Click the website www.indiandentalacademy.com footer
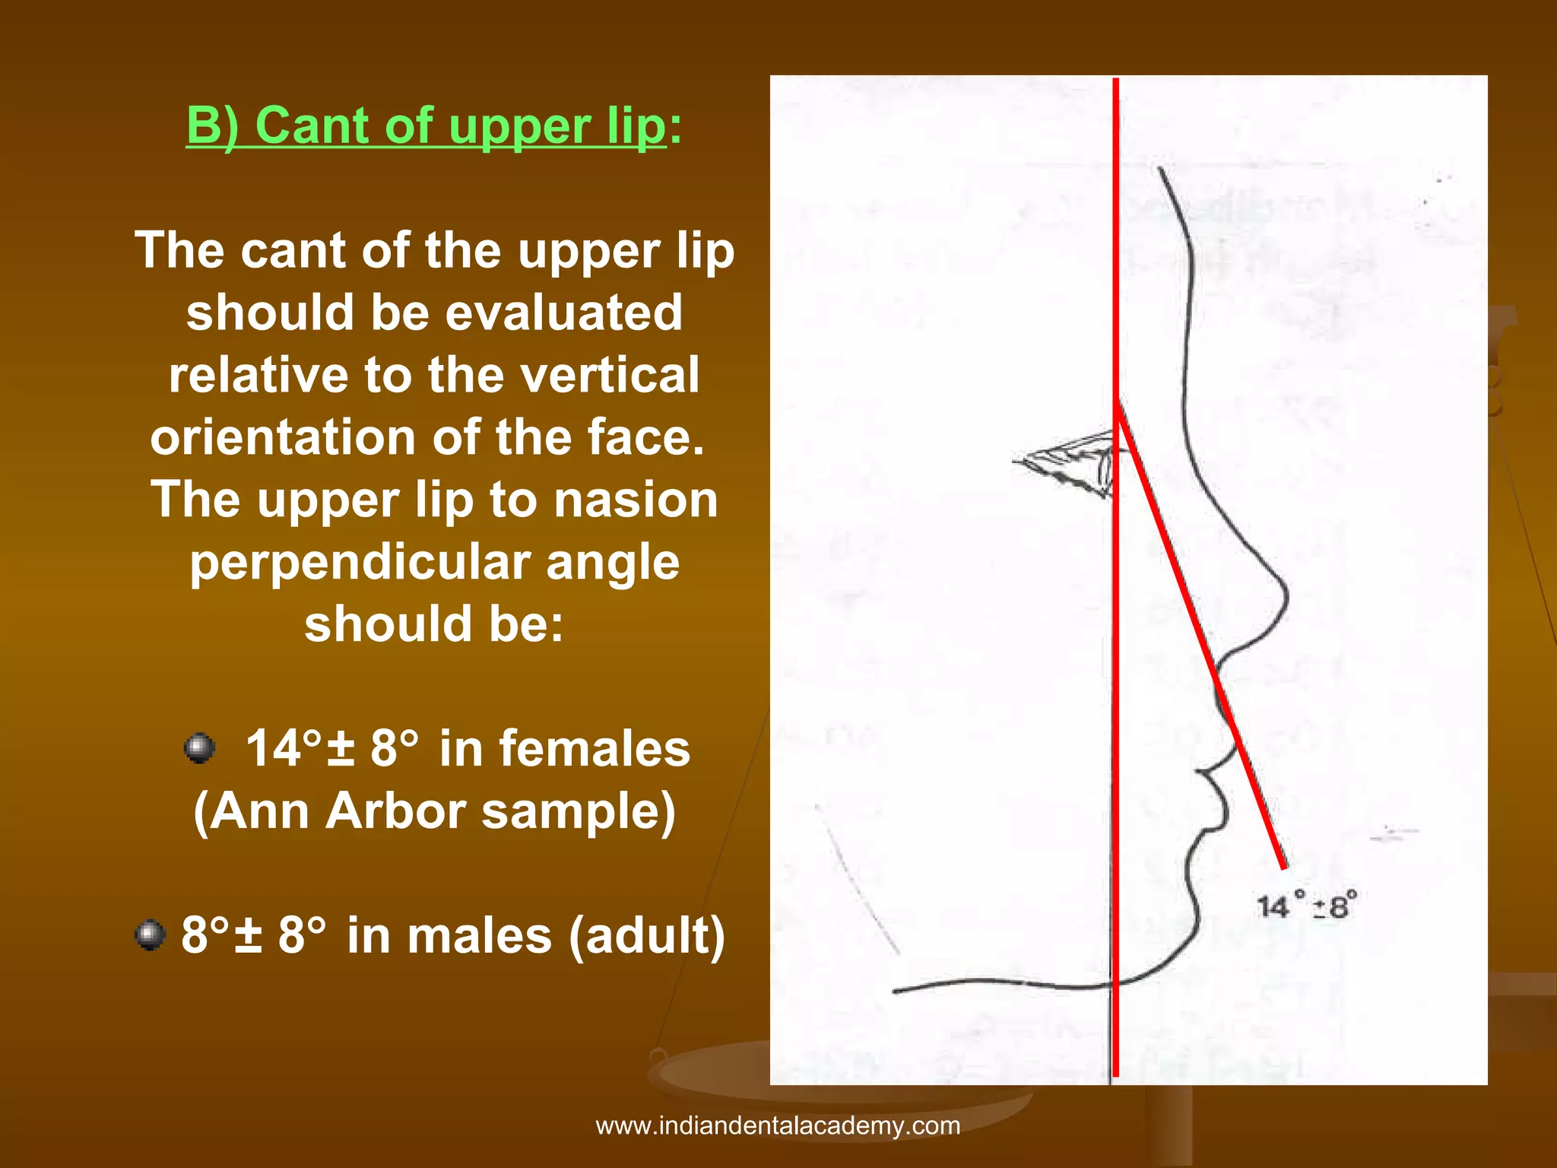coord(778,1125)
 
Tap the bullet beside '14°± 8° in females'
coord(199,748)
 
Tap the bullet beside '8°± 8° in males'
coord(150,935)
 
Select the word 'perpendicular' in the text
coord(361,563)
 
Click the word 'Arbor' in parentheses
coord(395,811)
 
